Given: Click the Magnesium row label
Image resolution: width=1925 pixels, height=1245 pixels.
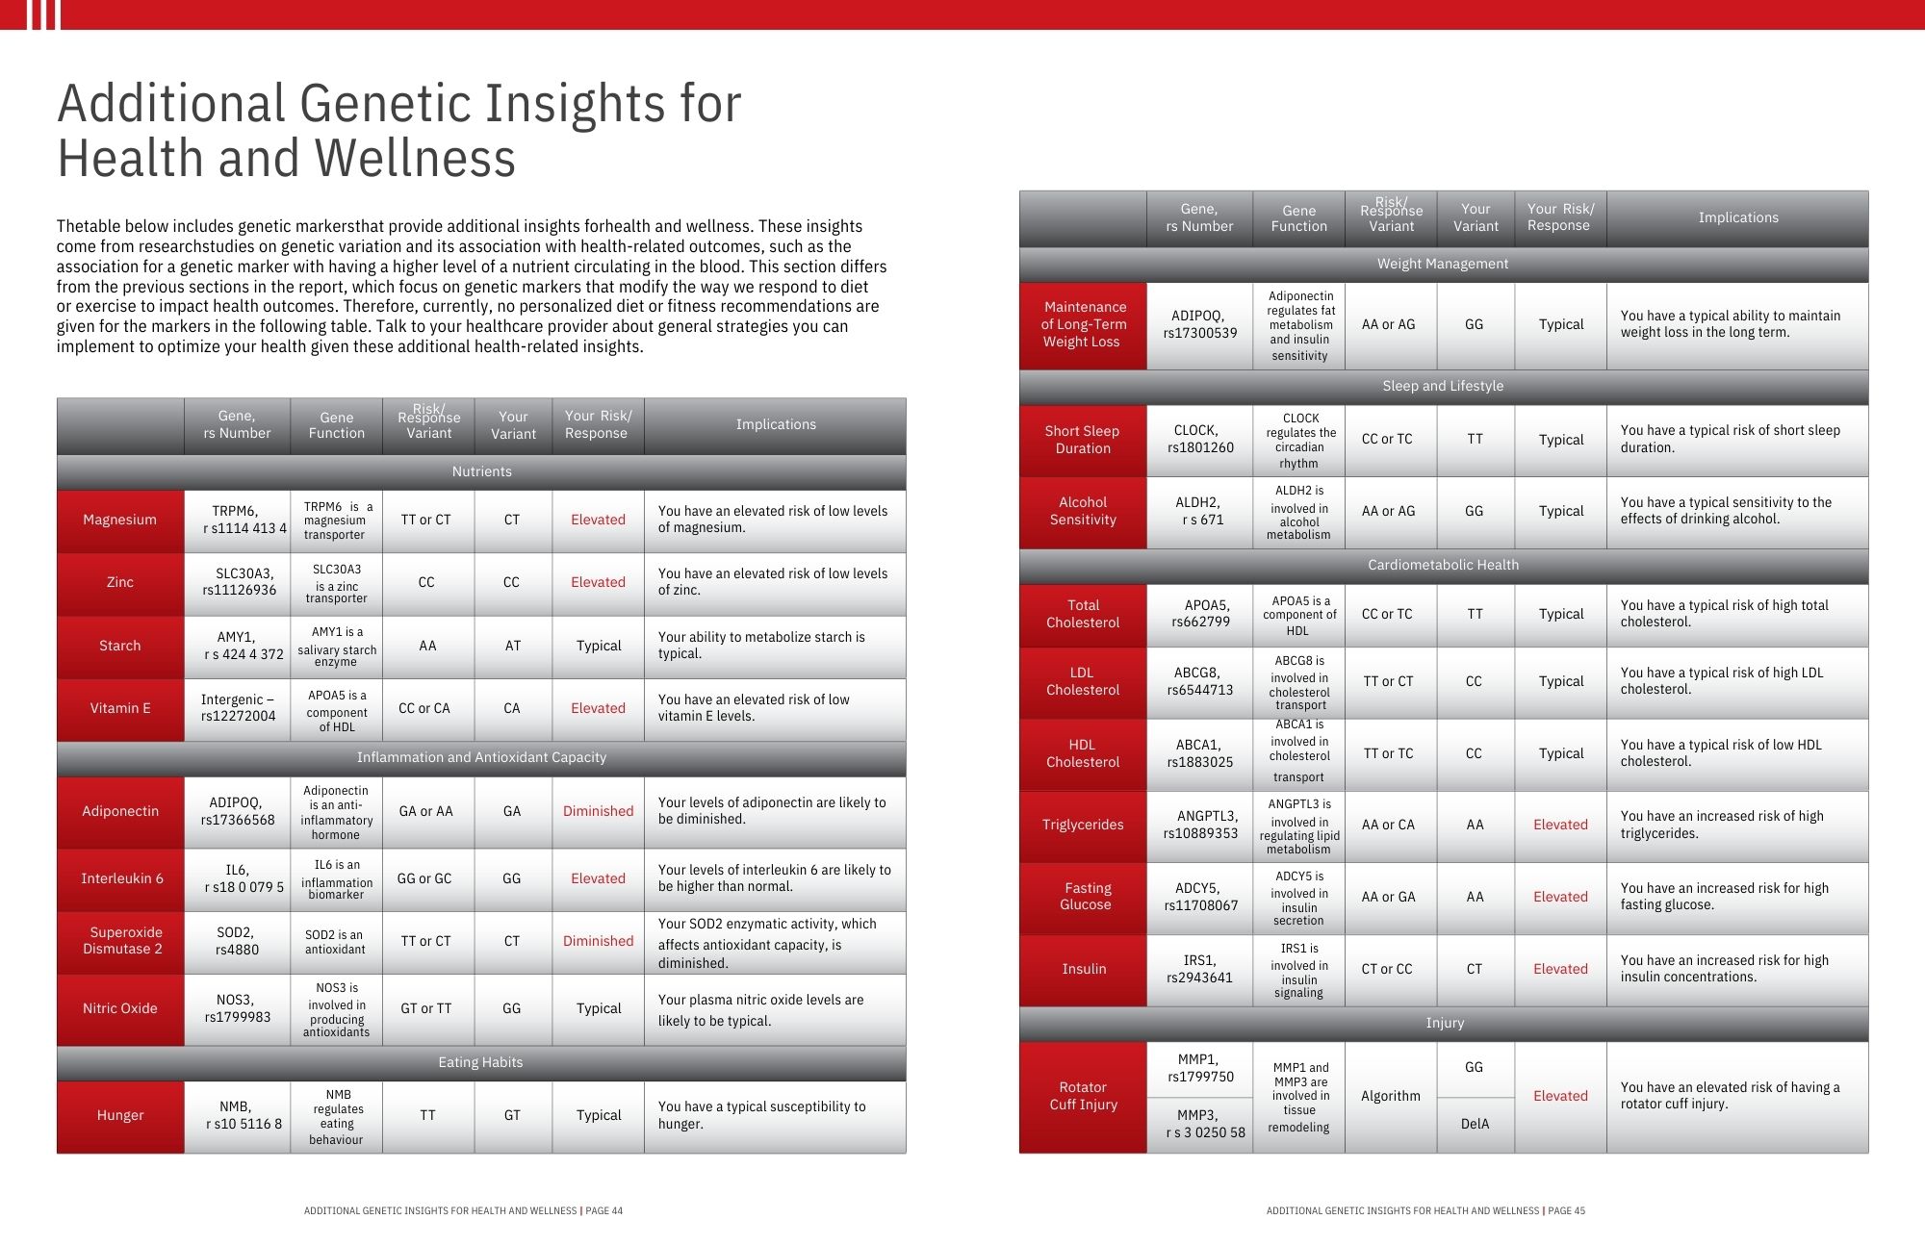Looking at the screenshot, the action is (119, 520).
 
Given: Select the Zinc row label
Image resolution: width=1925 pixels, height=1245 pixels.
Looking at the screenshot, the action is (119, 582).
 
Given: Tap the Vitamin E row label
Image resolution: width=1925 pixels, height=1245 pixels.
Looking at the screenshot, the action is (119, 708).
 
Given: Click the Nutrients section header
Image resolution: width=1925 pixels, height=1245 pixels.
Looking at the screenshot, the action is (481, 471).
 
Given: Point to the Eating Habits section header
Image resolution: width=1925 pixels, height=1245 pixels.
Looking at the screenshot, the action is (480, 1062).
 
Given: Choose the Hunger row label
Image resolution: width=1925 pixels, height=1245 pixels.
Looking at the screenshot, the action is (119, 1115).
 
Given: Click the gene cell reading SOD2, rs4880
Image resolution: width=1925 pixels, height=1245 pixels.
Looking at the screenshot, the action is (237, 941).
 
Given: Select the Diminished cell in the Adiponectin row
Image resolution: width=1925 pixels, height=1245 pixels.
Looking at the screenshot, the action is (598, 811).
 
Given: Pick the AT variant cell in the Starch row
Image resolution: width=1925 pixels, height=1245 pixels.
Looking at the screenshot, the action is (512, 646).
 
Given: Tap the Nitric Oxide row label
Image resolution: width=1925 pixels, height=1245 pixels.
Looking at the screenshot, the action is (119, 1008).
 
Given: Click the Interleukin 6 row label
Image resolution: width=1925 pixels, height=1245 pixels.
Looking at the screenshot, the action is (121, 878).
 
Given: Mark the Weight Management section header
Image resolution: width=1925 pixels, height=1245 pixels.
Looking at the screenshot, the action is (1443, 264).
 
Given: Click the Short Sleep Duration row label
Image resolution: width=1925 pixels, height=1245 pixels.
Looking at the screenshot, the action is (1083, 440).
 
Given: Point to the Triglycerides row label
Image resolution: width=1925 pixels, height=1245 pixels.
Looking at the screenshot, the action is (1083, 825).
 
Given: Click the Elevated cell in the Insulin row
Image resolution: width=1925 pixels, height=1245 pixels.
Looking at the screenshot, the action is (1560, 969).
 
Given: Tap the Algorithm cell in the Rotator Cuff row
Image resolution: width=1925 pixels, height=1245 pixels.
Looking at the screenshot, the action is (1390, 1096).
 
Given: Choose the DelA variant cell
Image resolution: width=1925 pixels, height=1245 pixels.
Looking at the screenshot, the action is (1475, 1124).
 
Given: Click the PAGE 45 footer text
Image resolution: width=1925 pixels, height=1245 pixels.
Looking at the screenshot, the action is (1566, 1210).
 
